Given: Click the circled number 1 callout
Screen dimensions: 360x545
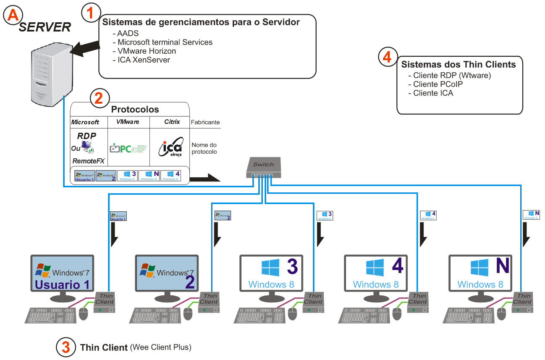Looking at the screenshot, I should tap(90, 13).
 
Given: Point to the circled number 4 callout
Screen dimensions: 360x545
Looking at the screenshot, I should tap(387, 58).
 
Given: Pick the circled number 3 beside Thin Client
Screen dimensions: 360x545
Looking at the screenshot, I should tap(66, 347).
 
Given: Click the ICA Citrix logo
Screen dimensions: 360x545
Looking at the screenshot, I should tap(170, 147).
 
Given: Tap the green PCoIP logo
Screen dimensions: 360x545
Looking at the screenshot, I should tap(128, 148).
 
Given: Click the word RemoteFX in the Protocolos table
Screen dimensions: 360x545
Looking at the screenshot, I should tap(88, 161).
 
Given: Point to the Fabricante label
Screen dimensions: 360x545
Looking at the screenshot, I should tap(205, 123).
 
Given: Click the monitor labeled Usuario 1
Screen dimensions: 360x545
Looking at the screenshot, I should tap(62, 273).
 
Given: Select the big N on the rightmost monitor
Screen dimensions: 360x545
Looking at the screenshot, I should tap(502, 266).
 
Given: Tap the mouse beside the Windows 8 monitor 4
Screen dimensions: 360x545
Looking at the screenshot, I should tap(397, 313).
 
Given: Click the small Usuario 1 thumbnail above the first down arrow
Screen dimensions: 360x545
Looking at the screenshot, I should tap(118, 216).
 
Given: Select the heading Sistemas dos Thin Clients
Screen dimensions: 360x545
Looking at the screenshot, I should tap(459, 65).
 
